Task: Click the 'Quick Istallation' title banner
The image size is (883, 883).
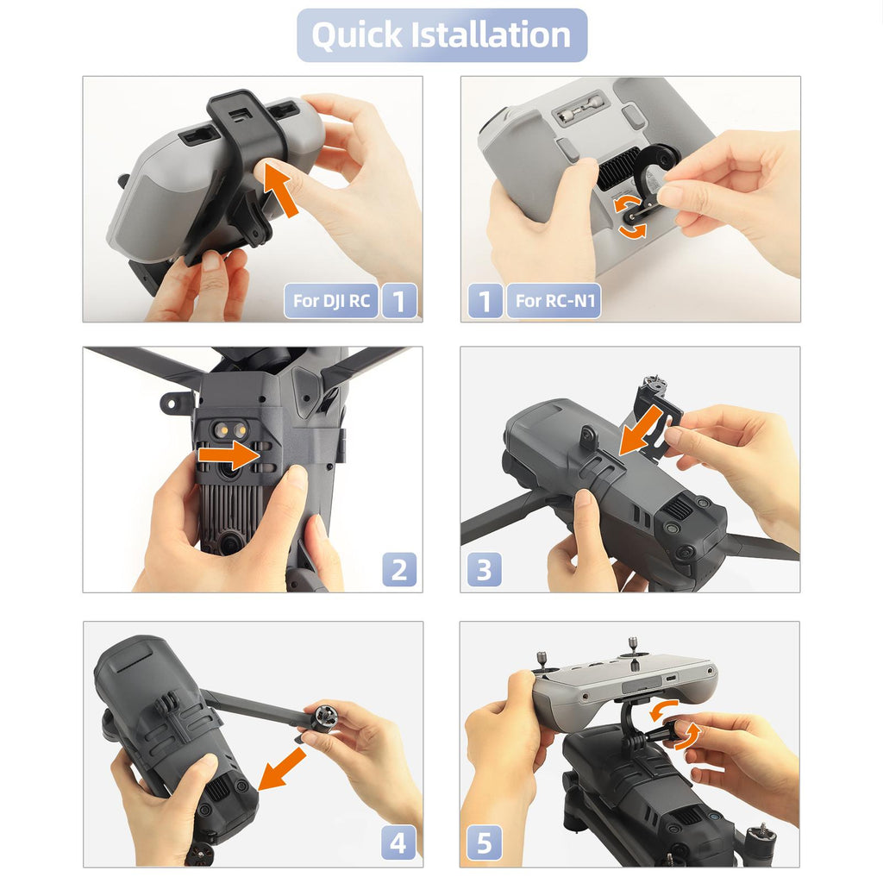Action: tap(442, 34)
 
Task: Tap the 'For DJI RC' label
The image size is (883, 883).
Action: tap(331, 301)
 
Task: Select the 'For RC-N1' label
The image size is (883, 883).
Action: tap(554, 301)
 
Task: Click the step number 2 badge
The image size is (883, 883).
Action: tap(399, 569)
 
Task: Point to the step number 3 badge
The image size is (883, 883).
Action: tap(485, 569)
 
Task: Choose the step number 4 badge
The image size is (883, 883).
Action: tap(398, 843)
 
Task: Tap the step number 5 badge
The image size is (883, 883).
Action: tap(485, 843)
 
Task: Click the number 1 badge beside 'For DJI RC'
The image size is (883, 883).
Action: tap(399, 301)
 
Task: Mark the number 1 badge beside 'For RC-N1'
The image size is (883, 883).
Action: tap(485, 301)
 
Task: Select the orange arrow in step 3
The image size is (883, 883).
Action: tap(641, 431)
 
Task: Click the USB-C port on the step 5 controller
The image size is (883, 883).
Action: tap(671, 677)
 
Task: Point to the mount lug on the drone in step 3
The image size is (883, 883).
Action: tap(588, 437)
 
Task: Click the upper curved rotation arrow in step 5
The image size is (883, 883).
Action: tap(662, 709)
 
